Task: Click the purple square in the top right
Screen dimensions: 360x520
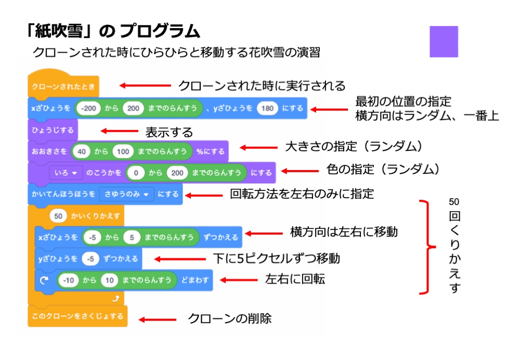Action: click(x=444, y=42)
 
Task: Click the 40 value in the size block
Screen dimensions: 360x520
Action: click(x=81, y=151)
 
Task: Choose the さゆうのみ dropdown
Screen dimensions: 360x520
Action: click(x=126, y=194)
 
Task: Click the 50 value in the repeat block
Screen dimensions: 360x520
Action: click(x=58, y=215)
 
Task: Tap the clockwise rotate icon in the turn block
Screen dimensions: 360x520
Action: click(x=45, y=280)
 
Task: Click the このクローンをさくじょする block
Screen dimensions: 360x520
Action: click(x=77, y=316)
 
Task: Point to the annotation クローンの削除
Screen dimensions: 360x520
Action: click(x=229, y=318)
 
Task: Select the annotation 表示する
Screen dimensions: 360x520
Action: click(x=169, y=132)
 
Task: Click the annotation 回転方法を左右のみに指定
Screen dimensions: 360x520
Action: click(x=302, y=195)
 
